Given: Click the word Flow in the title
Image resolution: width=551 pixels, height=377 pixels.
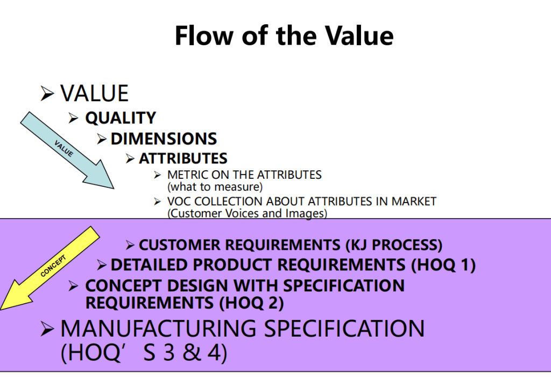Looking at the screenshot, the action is click(204, 36).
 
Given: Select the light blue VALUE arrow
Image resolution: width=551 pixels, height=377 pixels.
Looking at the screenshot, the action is click(67, 150).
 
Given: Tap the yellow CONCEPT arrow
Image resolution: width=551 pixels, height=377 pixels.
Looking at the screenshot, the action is click(50, 268).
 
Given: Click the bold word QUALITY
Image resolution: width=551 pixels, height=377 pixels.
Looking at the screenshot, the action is click(121, 118).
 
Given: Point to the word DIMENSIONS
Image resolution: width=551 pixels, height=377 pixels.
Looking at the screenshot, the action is click(164, 138).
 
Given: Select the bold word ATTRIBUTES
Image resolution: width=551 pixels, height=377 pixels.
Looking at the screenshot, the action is click(183, 158).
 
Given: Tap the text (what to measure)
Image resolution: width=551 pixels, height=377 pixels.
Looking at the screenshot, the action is click(215, 187).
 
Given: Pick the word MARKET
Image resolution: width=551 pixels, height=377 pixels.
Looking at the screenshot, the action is click(414, 201).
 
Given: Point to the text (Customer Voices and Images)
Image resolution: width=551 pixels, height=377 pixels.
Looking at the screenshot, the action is click(247, 213).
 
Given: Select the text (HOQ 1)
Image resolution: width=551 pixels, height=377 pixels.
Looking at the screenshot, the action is click(443, 265).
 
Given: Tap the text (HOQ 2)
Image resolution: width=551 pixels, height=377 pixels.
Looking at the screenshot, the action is click(251, 303).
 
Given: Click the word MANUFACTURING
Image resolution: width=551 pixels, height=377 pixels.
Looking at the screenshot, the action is click(159, 329).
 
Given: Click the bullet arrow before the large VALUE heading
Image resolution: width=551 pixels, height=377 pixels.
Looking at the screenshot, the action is click(47, 94).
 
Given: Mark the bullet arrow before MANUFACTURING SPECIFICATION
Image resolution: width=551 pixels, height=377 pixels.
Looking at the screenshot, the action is click(47, 329).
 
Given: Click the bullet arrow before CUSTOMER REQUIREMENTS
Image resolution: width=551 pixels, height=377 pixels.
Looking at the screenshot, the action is click(130, 245).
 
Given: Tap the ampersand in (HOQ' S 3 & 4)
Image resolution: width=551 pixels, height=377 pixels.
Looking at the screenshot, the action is click(192, 352).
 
